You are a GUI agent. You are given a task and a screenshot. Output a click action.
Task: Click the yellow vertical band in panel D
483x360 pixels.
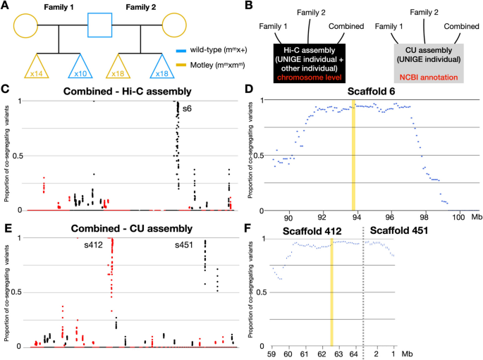click(x=353, y=155)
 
